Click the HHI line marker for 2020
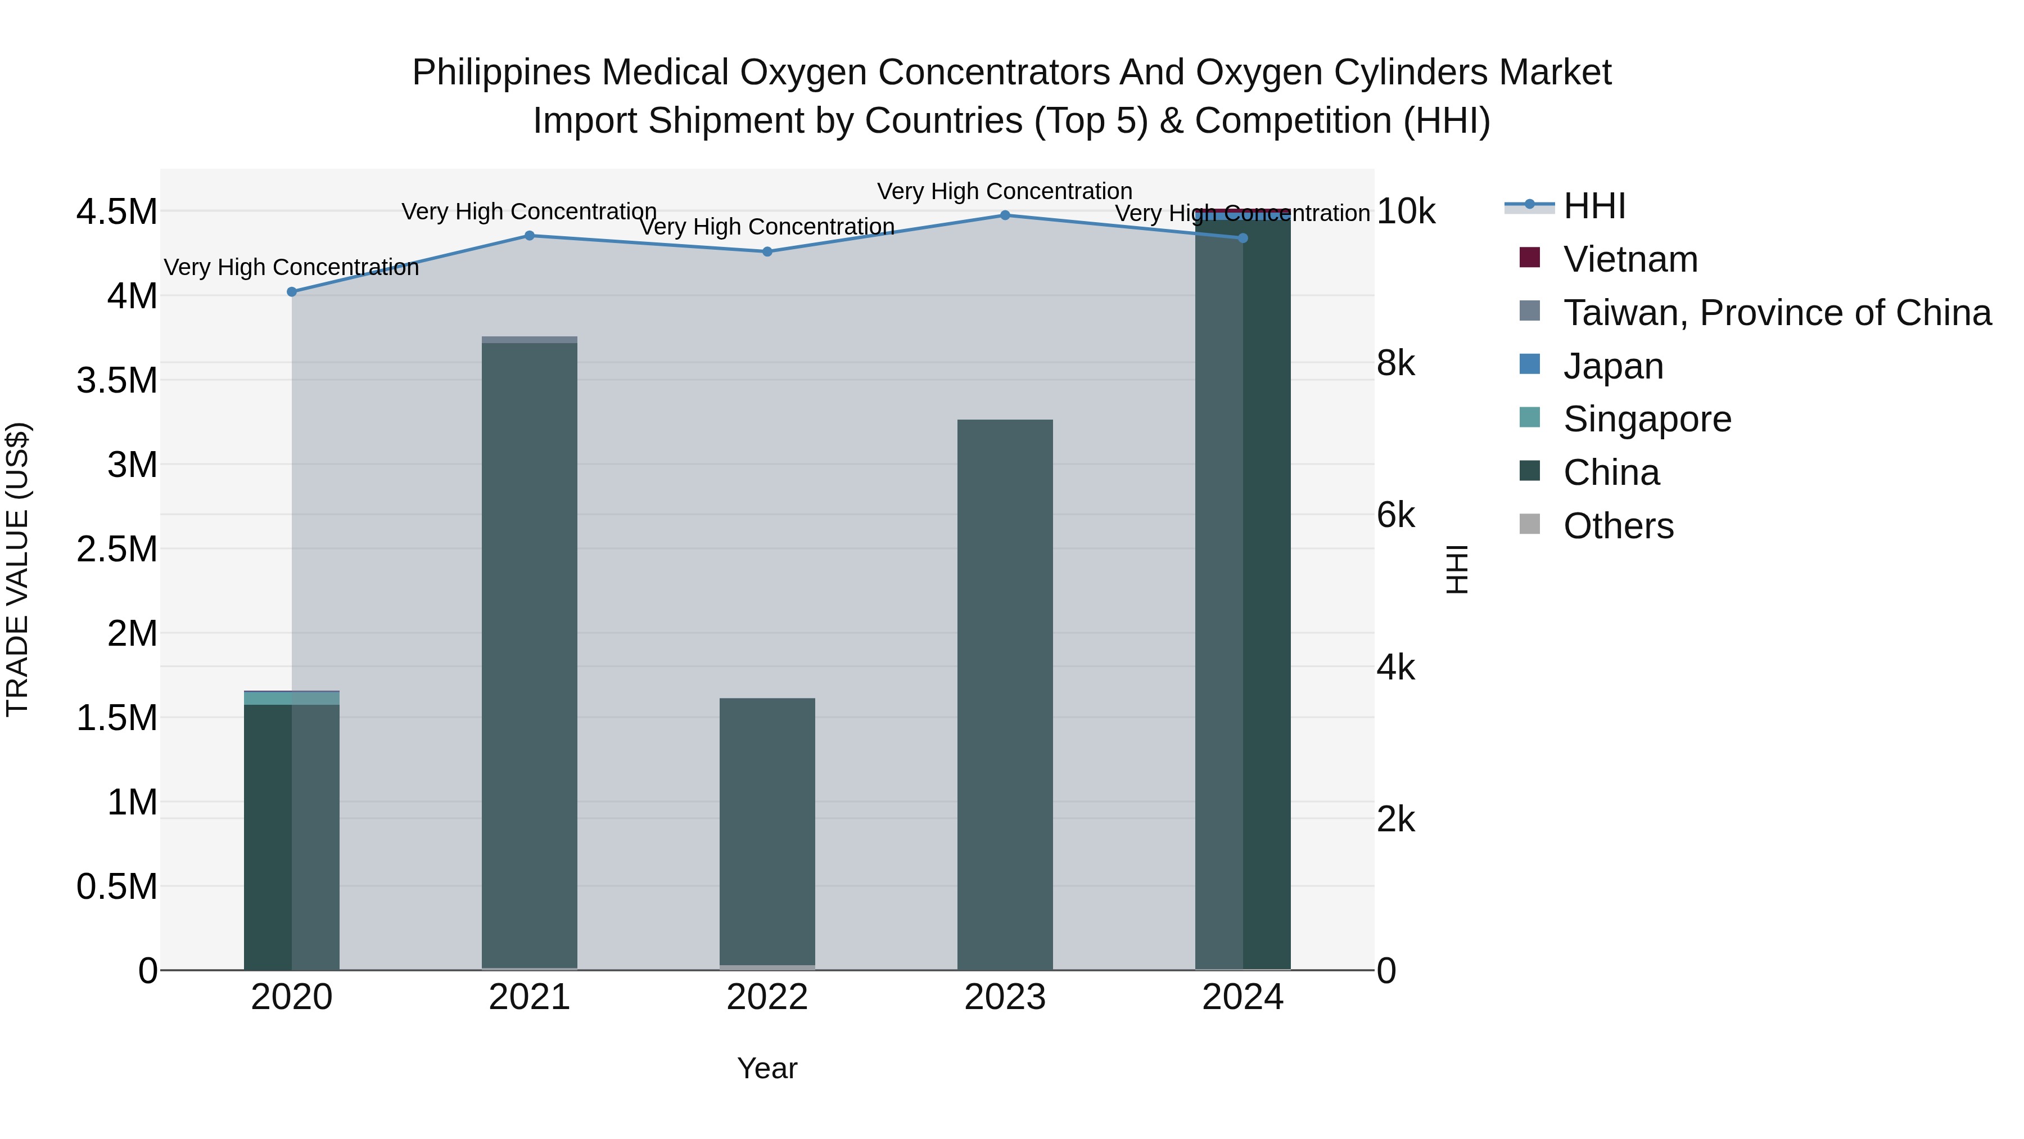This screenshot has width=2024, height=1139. pos(291,291)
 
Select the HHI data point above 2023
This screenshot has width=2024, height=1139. pos(1004,215)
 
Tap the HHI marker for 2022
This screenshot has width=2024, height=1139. pos(767,251)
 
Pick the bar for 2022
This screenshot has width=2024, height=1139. pos(767,833)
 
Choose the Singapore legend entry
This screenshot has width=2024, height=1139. pos(1646,419)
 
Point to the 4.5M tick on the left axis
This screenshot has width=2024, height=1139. pos(116,212)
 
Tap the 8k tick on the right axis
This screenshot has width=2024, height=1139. pos(1395,363)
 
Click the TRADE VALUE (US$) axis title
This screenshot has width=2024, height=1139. pos(17,569)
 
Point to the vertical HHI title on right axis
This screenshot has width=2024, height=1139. pos(1457,569)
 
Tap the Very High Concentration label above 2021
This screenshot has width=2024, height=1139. pos(529,211)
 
